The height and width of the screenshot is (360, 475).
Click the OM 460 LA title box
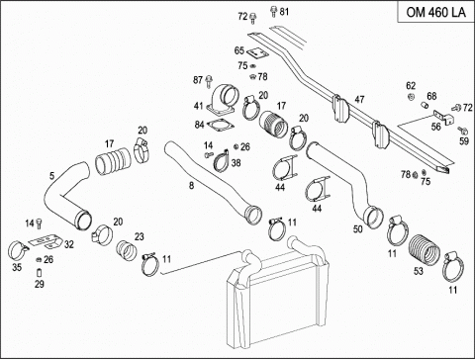coord(435,12)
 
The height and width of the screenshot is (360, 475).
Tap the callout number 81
coord(284,12)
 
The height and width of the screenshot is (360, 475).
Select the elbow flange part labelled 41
coord(222,99)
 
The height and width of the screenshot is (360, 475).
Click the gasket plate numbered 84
coord(221,126)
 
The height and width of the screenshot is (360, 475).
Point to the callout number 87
coord(198,80)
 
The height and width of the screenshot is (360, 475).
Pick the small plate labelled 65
coord(256,53)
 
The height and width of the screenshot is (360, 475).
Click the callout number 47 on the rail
coord(359,99)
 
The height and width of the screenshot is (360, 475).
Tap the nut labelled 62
coord(411,97)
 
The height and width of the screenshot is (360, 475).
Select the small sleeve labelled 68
coord(425,105)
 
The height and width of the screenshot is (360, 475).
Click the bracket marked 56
coord(443,117)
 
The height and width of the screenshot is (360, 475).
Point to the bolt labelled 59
coord(462,131)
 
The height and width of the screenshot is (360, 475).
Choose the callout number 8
coord(191,186)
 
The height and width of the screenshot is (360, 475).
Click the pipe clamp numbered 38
coord(221,161)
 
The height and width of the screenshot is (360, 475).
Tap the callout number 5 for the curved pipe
coord(51,176)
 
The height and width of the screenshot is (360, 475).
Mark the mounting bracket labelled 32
coord(47,242)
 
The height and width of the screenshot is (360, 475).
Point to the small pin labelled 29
coord(39,273)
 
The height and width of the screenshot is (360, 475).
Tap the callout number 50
coord(358,228)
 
